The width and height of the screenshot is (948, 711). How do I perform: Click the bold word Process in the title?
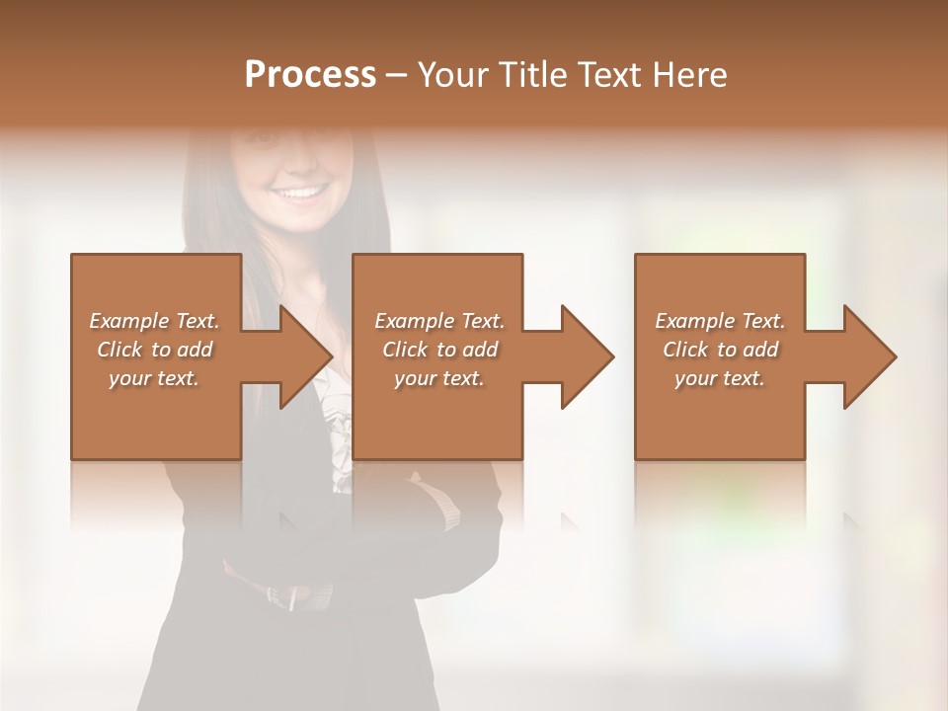point(310,75)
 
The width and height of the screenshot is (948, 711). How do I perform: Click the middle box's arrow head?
point(587,356)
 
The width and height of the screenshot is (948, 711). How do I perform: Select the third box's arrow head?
point(869,356)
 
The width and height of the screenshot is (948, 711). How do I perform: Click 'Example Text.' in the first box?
point(154,321)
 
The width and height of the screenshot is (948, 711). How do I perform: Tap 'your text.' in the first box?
point(154,378)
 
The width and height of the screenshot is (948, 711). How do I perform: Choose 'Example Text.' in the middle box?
point(439,321)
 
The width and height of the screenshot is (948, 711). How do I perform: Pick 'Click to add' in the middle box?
point(439,350)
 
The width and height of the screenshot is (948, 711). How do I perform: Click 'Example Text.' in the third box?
point(720,321)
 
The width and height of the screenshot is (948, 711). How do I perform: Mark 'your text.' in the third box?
point(720,378)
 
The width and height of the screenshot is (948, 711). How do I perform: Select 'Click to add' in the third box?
point(720,350)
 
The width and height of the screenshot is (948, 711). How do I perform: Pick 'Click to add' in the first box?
point(154,350)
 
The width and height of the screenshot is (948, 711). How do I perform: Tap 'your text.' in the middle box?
point(439,378)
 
